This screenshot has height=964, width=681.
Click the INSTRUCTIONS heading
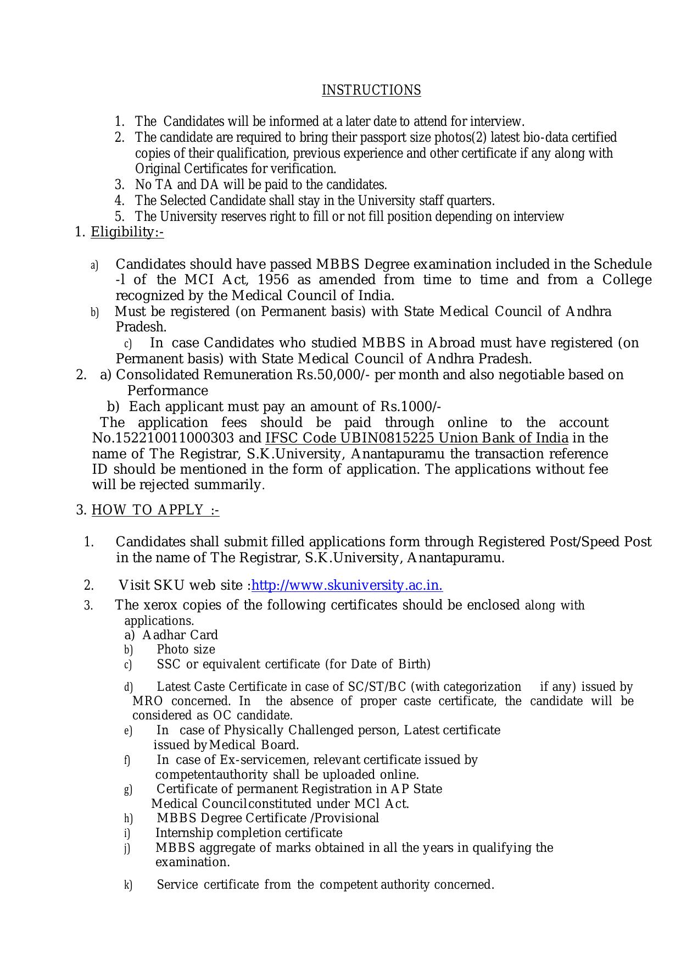pyautogui.click(x=371, y=90)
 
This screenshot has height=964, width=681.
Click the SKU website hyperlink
pyautogui.click(x=347, y=585)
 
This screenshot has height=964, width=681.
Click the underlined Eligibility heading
pyautogui.click(x=127, y=232)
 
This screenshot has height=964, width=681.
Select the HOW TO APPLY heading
pyautogui.click(x=155, y=510)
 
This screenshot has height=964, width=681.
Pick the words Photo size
pyautogui.click(x=186, y=649)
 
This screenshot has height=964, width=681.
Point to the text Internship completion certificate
pyautogui.click(x=249, y=833)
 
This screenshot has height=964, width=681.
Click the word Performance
pyautogui.click(x=168, y=391)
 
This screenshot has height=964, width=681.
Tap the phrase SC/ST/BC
pyautogui.click(x=377, y=687)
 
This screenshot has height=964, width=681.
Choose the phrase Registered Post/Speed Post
pyautogui.click(x=565, y=542)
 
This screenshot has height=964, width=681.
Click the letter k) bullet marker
pyautogui.click(x=128, y=885)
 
